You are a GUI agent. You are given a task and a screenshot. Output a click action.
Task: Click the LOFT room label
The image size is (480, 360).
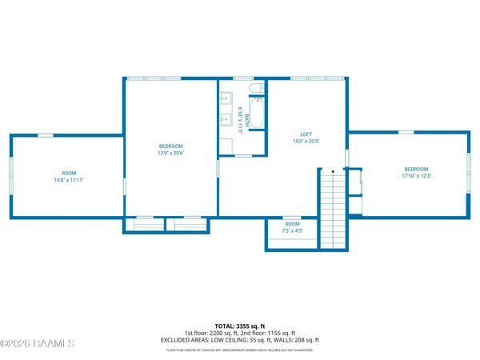(306, 134)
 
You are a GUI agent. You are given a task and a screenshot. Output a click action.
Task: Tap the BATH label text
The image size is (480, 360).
(247, 120)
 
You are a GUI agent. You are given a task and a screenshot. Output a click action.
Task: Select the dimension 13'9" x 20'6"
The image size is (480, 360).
(171, 153)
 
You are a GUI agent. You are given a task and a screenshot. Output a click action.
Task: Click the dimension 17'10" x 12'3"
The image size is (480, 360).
(416, 176)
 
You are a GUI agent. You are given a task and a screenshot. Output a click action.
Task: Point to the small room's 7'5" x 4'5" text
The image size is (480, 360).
(293, 231)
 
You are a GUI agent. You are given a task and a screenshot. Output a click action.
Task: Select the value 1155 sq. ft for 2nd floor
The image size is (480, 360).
(279, 333)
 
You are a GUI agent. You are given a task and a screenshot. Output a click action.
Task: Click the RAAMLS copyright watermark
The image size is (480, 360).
(38, 344)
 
